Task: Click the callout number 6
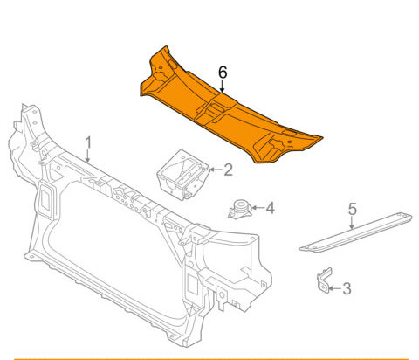(x=223, y=73)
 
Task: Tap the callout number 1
(x=88, y=142)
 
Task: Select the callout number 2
(x=229, y=170)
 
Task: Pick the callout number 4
(x=271, y=208)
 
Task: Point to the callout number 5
(x=353, y=210)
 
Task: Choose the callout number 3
(x=347, y=288)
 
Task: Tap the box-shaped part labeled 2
(x=182, y=175)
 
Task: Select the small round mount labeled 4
(x=240, y=209)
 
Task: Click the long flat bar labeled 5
(x=355, y=232)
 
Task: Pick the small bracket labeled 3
(x=324, y=280)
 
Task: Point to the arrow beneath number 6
(x=223, y=87)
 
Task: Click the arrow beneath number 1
(x=87, y=156)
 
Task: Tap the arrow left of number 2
(x=216, y=170)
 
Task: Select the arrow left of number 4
(x=258, y=208)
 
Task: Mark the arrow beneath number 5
(x=352, y=223)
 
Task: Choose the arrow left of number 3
(x=334, y=288)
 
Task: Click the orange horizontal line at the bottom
(x=211, y=359)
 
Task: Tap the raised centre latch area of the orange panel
(x=216, y=108)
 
